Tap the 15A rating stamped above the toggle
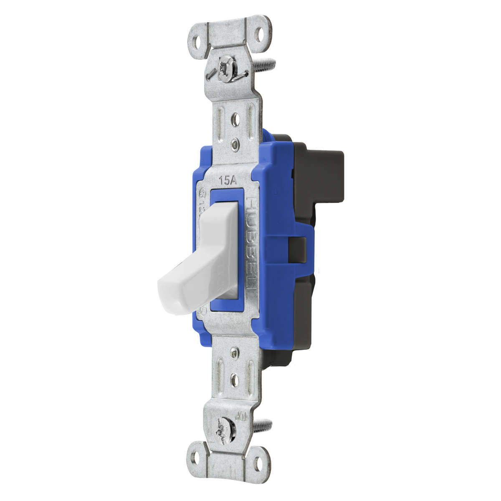click(228, 181)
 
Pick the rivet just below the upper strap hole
click(236, 145)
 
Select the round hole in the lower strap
click(234, 381)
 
